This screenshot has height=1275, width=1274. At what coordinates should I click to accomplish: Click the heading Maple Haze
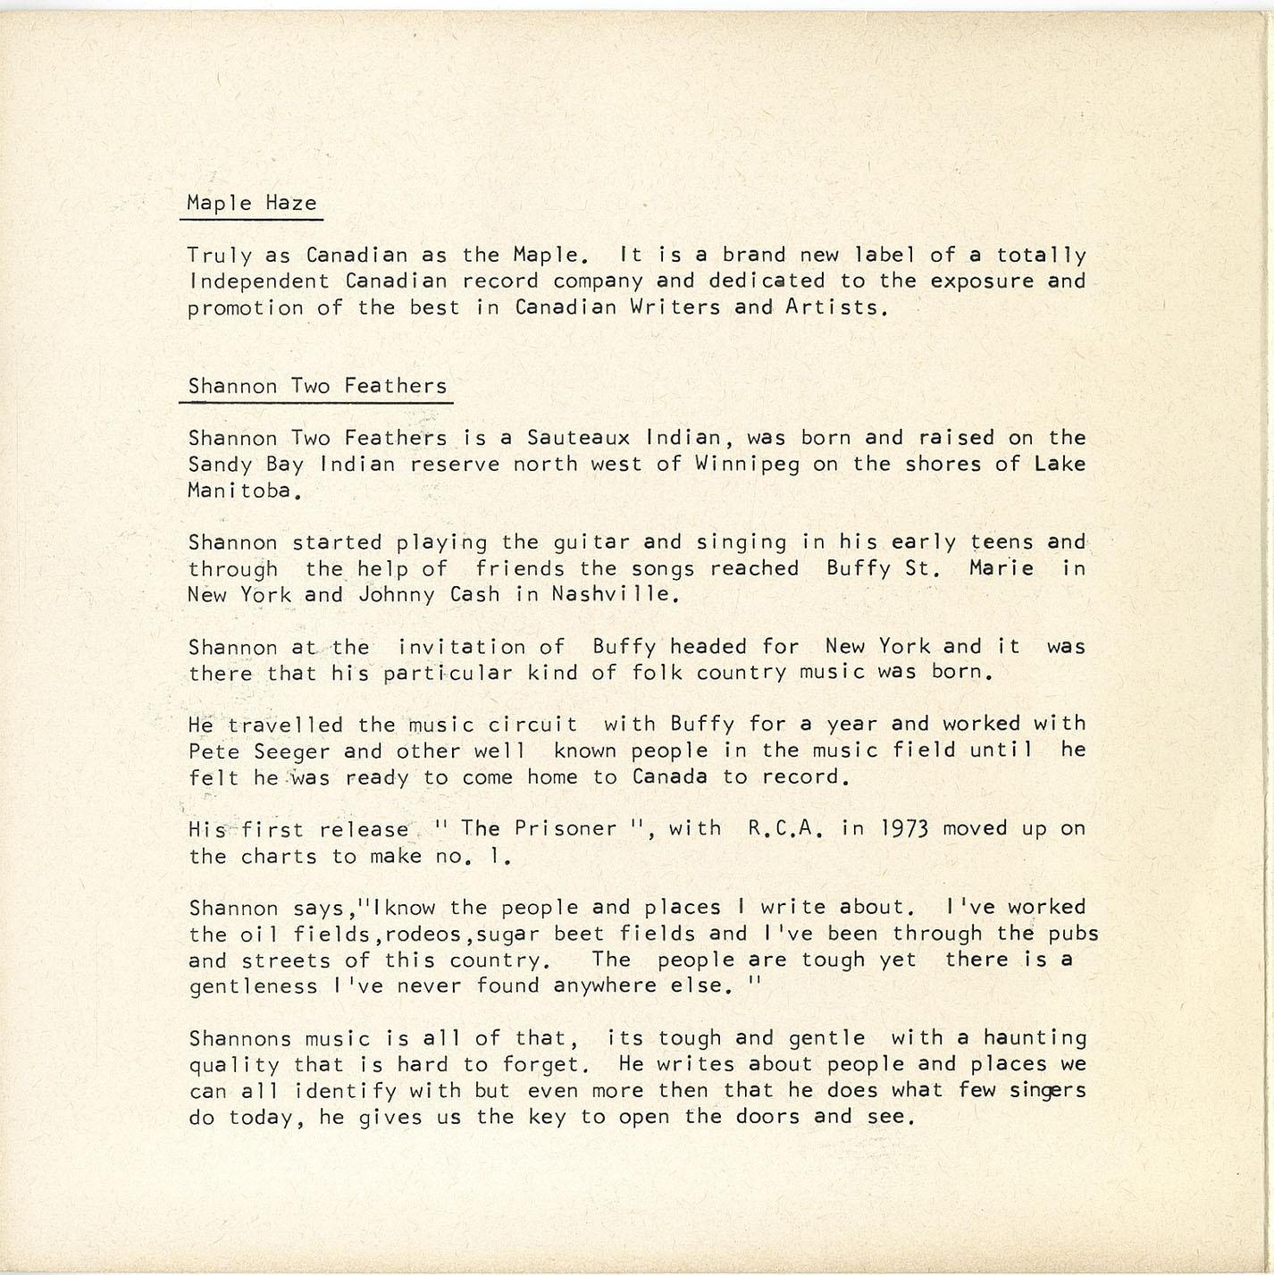pyautogui.click(x=252, y=204)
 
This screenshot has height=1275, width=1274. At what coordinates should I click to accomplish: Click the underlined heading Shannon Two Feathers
pyautogui.click(x=317, y=386)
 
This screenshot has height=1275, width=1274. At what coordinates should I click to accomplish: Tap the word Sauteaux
pyautogui.click(x=578, y=438)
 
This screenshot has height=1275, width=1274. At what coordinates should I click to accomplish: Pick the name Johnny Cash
pyautogui.click(x=429, y=594)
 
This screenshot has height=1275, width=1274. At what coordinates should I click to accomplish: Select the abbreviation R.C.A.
pyautogui.click(x=784, y=829)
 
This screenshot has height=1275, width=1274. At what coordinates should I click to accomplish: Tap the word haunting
pyautogui.click(x=1035, y=1038)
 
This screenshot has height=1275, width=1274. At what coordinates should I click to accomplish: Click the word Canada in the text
pyautogui.click(x=670, y=776)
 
